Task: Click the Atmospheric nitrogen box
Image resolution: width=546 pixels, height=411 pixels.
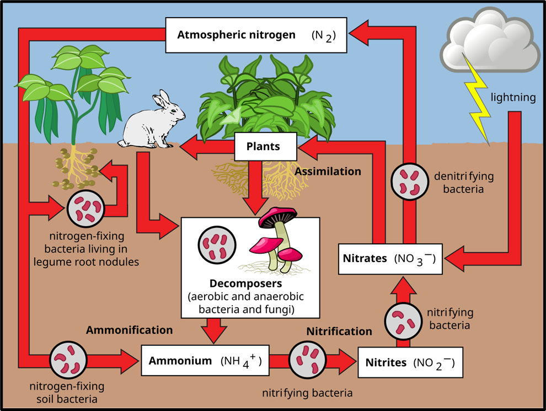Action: (x=256, y=35)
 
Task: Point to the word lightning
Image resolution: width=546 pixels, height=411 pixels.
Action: (x=513, y=98)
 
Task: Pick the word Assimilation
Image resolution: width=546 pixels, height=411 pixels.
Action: (x=328, y=172)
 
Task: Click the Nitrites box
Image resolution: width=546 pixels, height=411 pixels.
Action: (x=410, y=362)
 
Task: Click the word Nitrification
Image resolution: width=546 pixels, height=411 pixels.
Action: (x=339, y=332)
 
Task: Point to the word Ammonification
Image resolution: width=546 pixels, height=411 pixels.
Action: (x=129, y=330)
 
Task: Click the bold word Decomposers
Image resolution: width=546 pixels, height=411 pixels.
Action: (x=250, y=284)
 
